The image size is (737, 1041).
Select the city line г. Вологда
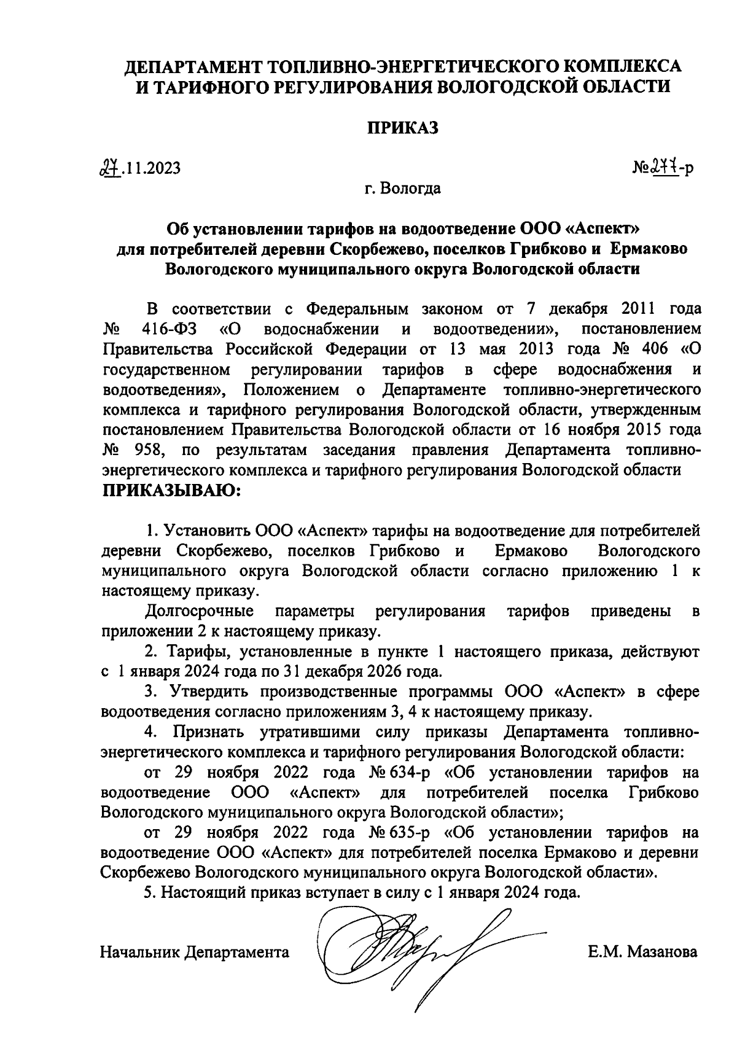click(x=402, y=188)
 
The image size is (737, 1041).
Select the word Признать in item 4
click(x=209, y=733)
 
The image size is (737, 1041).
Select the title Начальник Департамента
click(x=195, y=953)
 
